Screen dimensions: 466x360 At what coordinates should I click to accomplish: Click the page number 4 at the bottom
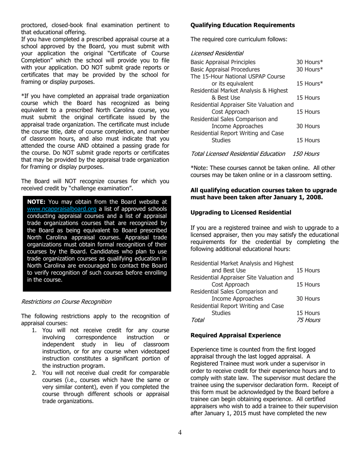180,433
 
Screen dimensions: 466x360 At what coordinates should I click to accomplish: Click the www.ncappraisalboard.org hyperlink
62,209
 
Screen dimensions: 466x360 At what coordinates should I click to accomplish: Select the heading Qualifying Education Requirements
242,25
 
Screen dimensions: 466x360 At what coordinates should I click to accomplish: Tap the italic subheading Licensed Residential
217,53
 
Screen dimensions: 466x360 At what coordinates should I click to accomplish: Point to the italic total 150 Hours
306,154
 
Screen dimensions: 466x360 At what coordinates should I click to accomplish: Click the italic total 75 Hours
308,320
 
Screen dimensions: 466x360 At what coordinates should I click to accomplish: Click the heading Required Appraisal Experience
235,335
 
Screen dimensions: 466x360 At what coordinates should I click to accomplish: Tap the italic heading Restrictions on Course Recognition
66,302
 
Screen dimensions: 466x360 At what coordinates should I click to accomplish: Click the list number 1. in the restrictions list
34,330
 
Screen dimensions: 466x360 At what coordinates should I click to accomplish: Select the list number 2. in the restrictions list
34,373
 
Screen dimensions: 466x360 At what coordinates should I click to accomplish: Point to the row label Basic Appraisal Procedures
225,69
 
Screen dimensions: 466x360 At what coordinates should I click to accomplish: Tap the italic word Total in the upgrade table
197,320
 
